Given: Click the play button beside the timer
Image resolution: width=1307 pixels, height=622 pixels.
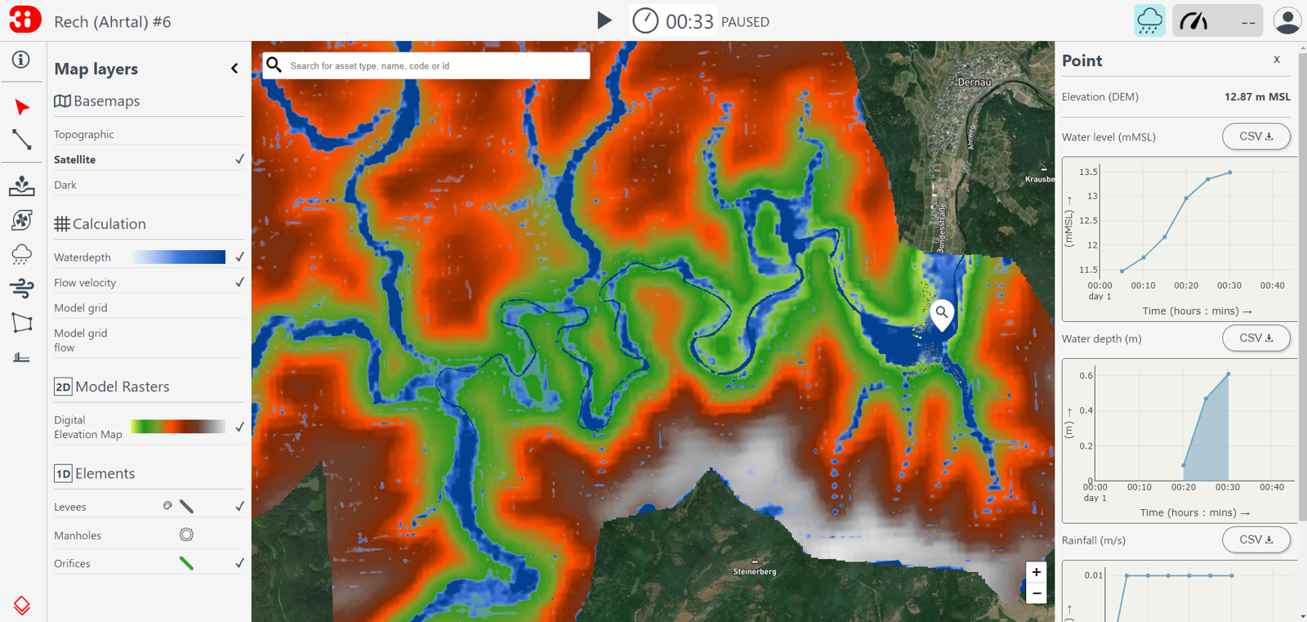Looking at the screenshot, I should click(604, 20).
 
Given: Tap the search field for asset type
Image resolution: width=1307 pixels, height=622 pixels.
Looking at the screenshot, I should click(433, 65).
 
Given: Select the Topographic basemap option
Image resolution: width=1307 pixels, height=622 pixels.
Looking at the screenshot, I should click(84, 134).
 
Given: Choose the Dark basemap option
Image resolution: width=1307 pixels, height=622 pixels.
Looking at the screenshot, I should click(65, 185).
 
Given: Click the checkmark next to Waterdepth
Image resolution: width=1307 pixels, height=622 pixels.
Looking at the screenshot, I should click(239, 257).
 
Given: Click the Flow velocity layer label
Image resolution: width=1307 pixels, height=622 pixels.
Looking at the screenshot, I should click(85, 283).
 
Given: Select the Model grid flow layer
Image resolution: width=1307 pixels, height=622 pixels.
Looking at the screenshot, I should click(80, 340).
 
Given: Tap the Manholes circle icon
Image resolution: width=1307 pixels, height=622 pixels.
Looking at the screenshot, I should click(186, 535).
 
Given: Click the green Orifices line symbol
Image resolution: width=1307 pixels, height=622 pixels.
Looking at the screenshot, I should click(186, 563).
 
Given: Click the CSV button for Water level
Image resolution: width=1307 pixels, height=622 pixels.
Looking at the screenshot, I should click(1256, 136).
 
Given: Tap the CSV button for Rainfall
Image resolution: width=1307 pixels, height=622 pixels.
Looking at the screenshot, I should click(1256, 539).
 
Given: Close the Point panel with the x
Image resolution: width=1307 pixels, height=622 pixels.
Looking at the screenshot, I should click(1277, 60).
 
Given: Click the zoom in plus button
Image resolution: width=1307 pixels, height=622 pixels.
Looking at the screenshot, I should click(1036, 572).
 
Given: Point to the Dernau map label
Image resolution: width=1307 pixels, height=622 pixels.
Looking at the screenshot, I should click(974, 83).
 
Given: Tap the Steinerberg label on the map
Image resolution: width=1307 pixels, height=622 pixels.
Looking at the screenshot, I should click(755, 571).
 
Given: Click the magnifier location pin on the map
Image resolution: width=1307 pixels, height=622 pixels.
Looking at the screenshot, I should click(942, 313).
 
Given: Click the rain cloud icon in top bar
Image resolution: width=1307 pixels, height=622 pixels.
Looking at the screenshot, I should click(1149, 21).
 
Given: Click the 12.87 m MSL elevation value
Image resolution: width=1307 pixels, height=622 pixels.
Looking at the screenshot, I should click(1257, 96).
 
